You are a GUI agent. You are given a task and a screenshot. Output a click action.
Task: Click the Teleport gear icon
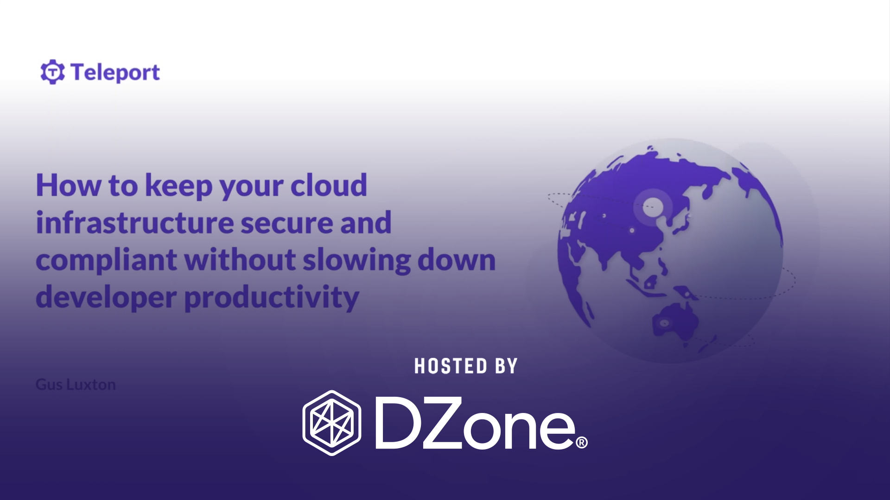(x=52, y=72)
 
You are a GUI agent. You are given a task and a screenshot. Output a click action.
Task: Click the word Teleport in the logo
(x=115, y=73)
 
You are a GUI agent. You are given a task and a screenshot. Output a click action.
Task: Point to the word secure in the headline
(x=286, y=223)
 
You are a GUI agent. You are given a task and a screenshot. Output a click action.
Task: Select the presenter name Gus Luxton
(x=76, y=385)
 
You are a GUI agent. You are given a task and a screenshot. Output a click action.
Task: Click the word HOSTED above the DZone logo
(x=451, y=366)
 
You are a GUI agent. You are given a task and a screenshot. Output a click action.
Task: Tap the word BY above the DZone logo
(x=506, y=366)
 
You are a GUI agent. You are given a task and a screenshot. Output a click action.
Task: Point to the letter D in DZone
(x=398, y=423)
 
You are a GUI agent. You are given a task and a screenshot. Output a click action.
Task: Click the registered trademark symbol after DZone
(x=581, y=443)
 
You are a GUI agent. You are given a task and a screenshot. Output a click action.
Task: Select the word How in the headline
(x=68, y=185)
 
